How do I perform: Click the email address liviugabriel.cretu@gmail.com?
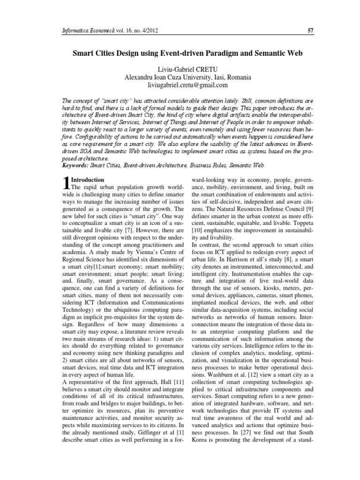[x=180, y=85]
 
